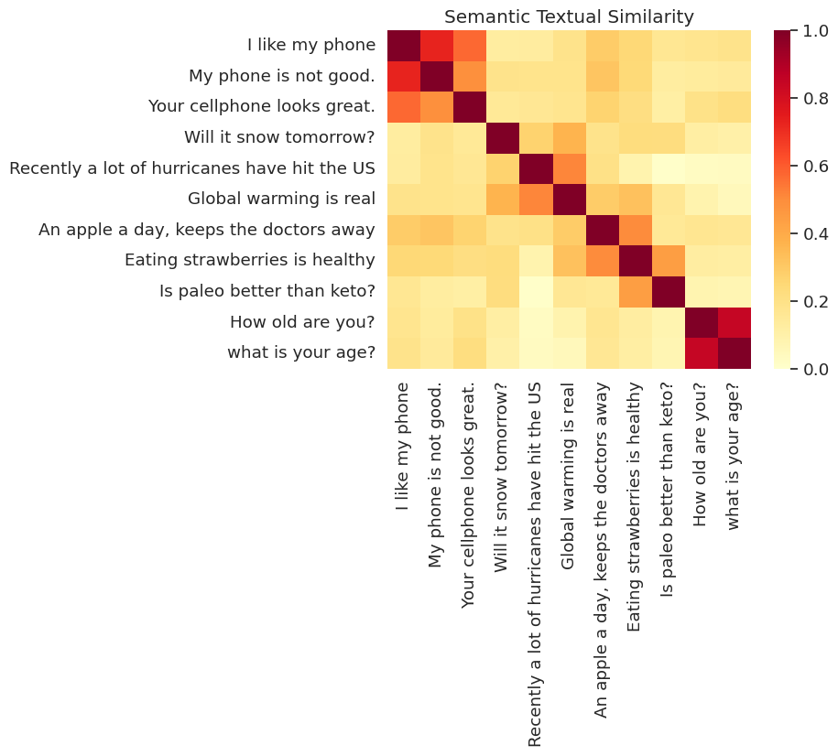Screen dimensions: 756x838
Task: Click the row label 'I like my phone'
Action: click(x=311, y=45)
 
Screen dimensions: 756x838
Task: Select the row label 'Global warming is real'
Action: click(x=281, y=199)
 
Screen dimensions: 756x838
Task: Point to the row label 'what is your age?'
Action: click(x=301, y=352)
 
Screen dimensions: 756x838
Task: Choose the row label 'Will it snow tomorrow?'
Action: click(x=280, y=137)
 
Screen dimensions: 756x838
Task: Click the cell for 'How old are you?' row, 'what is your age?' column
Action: click(x=735, y=322)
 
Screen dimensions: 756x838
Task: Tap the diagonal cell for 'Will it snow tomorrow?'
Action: click(x=502, y=137)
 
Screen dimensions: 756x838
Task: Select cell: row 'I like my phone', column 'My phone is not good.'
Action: click(x=436, y=45)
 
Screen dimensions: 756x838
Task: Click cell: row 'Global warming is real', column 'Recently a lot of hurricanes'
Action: click(x=535, y=199)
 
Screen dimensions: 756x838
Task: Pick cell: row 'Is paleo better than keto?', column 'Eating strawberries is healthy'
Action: click(x=635, y=291)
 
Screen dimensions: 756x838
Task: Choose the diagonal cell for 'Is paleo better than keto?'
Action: click(x=668, y=291)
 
